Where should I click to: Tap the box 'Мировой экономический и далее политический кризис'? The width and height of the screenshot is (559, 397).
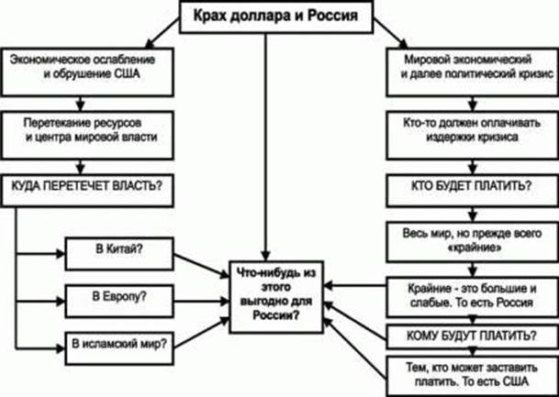click(466, 69)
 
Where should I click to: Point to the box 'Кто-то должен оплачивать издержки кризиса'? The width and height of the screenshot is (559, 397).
click(466, 129)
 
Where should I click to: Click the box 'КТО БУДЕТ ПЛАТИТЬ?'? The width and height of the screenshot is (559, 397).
click(466, 185)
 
